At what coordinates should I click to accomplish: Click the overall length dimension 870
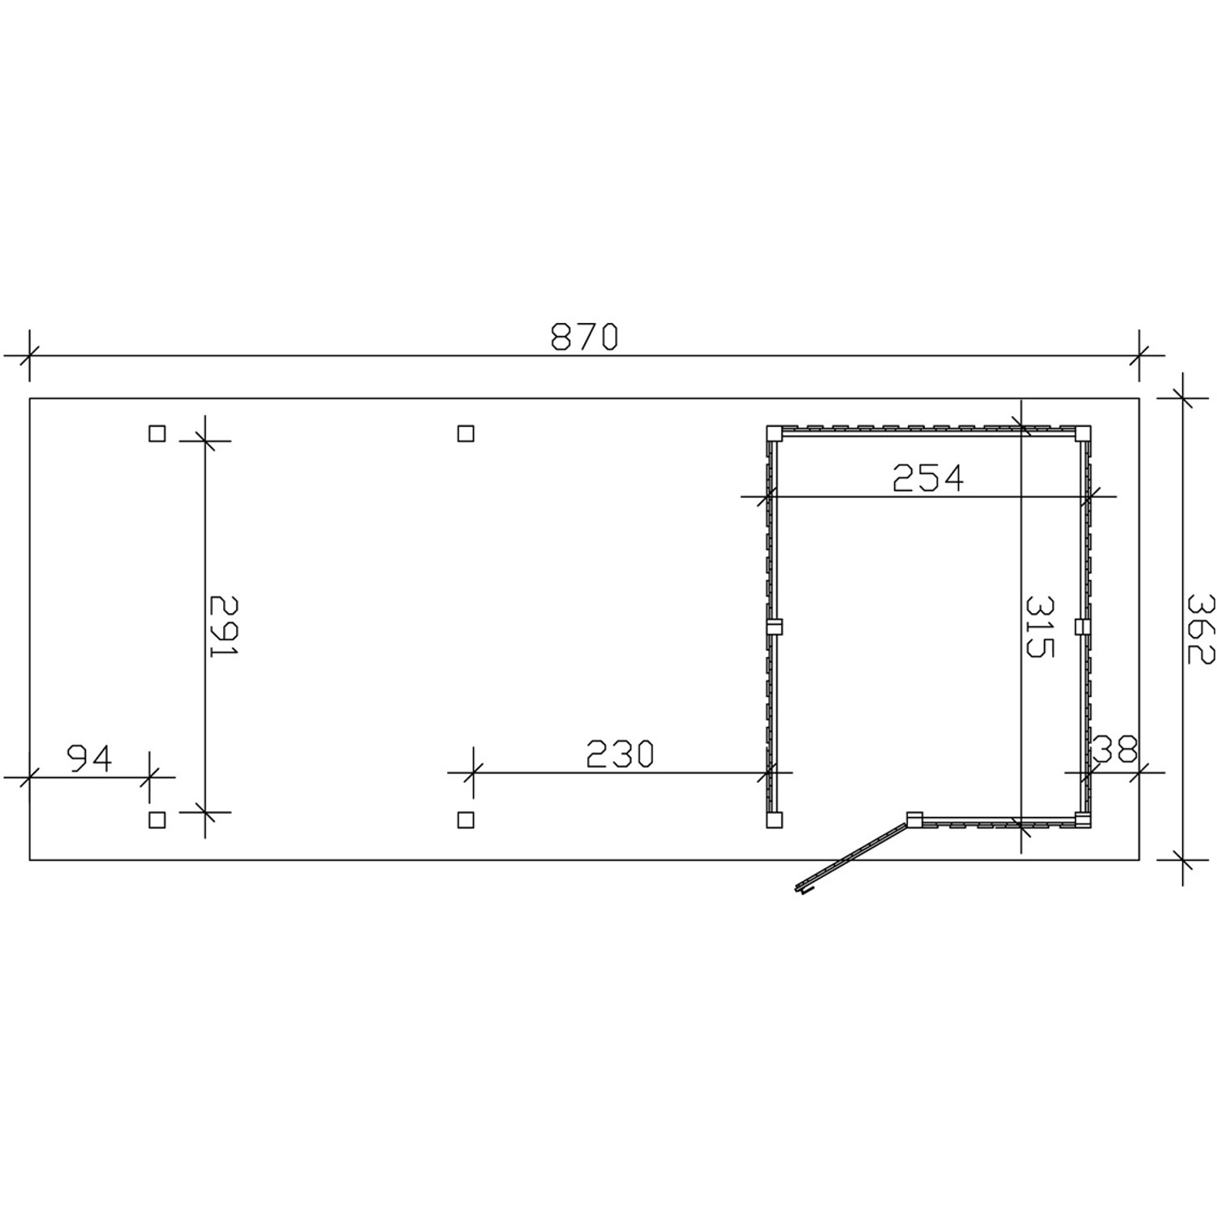coord(584,337)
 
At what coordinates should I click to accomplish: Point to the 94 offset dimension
coord(89,759)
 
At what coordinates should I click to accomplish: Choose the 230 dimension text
coord(619,755)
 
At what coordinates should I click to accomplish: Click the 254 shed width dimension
coord(928,478)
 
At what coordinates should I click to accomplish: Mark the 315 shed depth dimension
coord(1039,626)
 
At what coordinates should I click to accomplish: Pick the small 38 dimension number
coord(1116,750)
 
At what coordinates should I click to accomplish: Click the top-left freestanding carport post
coord(157,433)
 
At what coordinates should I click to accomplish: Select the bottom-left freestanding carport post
coord(157,819)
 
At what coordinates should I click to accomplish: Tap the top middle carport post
coord(465,433)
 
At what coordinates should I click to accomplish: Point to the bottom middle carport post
coord(465,819)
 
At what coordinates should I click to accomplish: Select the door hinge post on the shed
coord(914,819)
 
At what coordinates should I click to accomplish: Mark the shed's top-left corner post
coord(774,433)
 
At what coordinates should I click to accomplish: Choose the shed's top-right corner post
coord(1082,433)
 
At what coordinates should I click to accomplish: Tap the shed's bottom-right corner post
coord(1082,819)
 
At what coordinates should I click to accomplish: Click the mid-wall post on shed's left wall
coord(774,626)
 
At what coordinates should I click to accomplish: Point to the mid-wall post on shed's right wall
coord(1082,626)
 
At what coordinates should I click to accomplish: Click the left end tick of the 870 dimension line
coord(29,355)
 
